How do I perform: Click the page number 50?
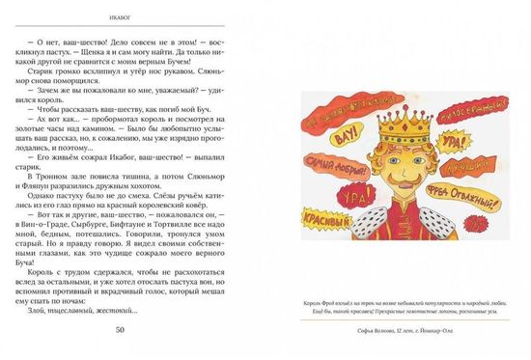tap(120, 330)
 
